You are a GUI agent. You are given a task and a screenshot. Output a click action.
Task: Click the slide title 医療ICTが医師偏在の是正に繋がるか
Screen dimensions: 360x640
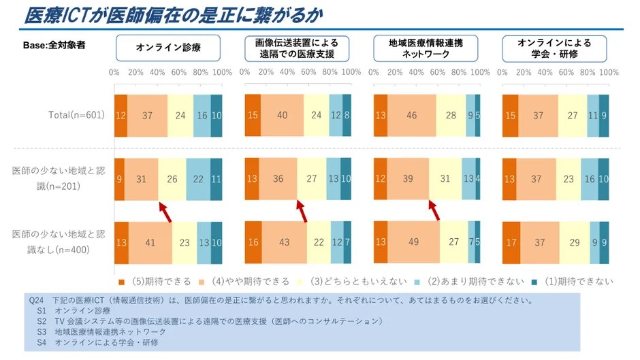coord(174,15)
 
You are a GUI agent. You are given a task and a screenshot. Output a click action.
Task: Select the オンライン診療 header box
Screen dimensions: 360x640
coord(168,48)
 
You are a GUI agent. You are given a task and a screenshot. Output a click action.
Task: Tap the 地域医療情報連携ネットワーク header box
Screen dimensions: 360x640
coord(426,48)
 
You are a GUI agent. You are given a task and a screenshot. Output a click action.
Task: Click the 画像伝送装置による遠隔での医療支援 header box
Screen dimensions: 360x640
coord(297,48)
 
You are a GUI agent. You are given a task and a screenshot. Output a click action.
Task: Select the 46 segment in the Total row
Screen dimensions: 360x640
coord(411,116)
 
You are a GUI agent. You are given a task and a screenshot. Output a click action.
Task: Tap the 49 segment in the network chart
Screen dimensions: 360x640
coord(413,242)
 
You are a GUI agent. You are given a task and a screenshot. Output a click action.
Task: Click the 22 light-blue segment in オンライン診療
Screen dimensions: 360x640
coord(198,179)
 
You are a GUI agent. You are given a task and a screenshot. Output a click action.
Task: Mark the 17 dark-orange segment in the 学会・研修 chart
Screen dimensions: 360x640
coord(511,242)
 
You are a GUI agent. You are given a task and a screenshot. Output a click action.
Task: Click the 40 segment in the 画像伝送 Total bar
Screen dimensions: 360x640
coord(282,116)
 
